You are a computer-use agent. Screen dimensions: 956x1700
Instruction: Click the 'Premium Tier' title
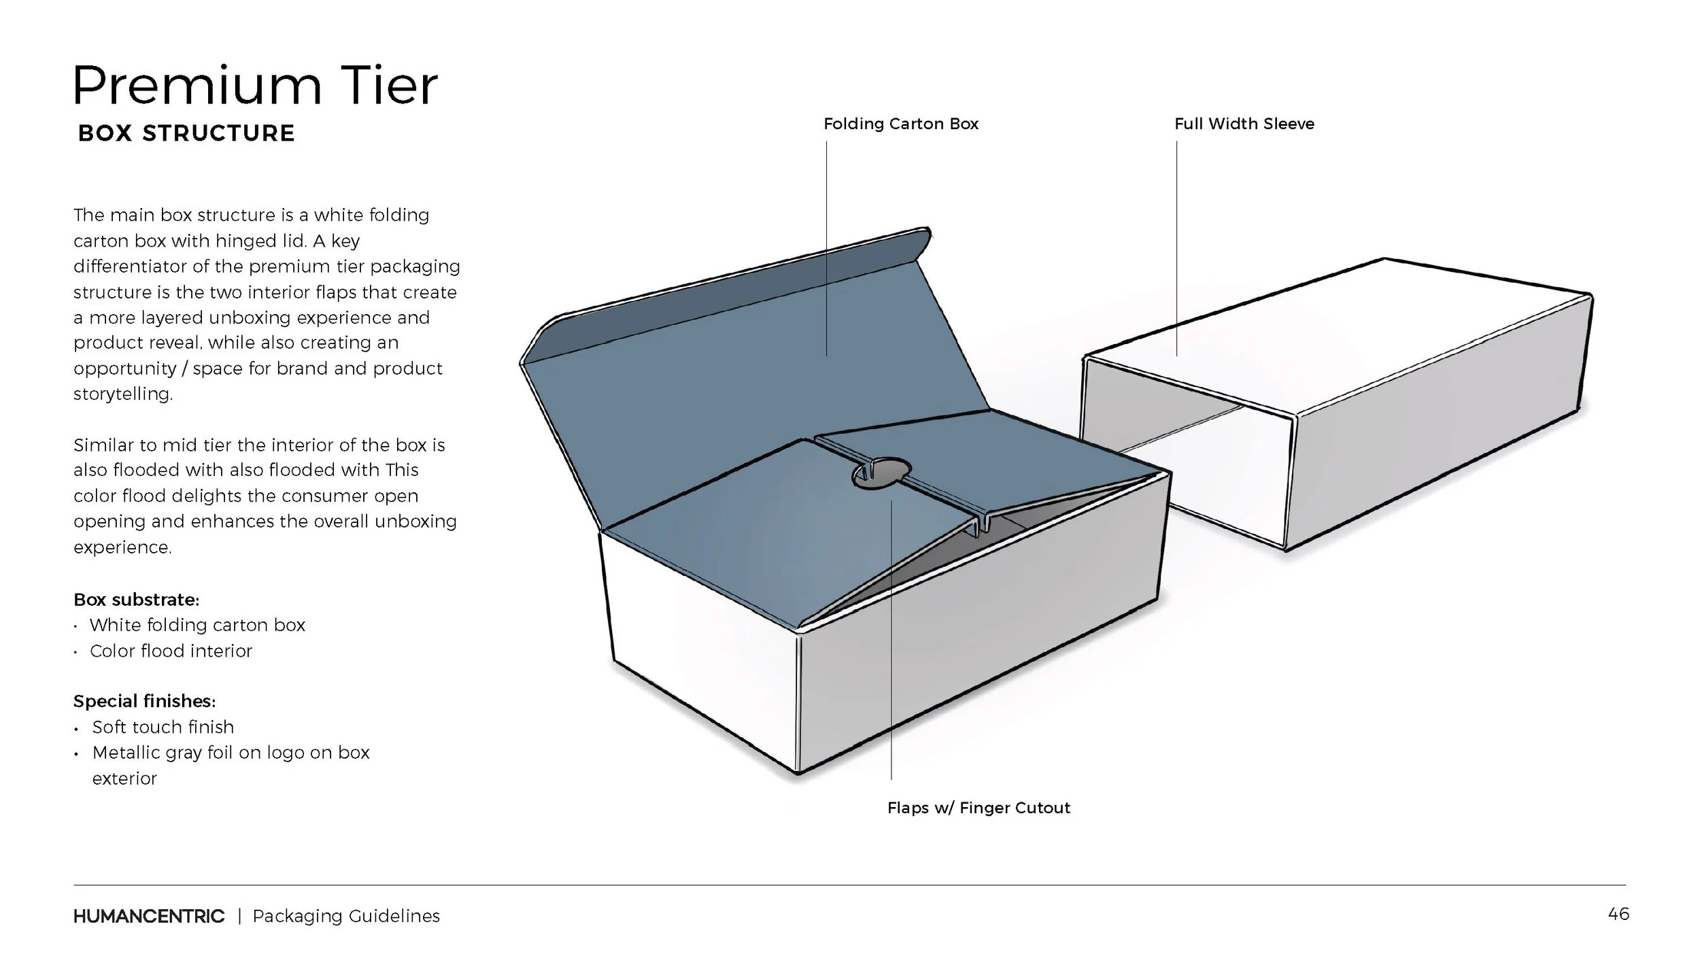pyautogui.click(x=255, y=86)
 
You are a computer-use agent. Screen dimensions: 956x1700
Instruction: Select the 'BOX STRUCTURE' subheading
pyautogui.click(x=186, y=133)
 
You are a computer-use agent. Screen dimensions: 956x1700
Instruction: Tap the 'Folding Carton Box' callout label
pyautogui.click(x=900, y=124)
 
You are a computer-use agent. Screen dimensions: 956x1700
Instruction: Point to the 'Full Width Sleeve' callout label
pyautogui.click(x=1244, y=124)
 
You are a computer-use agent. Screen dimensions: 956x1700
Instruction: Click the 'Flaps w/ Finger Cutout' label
pyautogui.click(x=978, y=808)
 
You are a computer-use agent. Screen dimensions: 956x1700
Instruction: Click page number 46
pyautogui.click(x=1618, y=914)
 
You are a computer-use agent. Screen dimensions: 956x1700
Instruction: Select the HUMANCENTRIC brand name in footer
pyautogui.click(x=148, y=917)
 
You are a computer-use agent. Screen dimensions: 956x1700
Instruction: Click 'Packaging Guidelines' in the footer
pyautogui.click(x=346, y=917)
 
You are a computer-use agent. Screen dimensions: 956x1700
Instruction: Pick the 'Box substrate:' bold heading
pyautogui.click(x=136, y=600)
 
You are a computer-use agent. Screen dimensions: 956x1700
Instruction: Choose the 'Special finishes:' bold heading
pyautogui.click(x=144, y=701)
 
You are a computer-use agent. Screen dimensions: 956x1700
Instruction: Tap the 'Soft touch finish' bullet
pyautogui.click(x=163, y=727)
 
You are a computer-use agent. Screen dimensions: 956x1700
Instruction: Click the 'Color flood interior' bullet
pyautogui.click(x=171, y=651)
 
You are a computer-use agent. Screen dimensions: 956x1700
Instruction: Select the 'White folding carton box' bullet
pyautogui.click(x=197, y=625)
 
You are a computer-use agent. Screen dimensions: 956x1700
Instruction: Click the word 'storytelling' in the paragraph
pyautogui.click(x=122, y=394)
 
